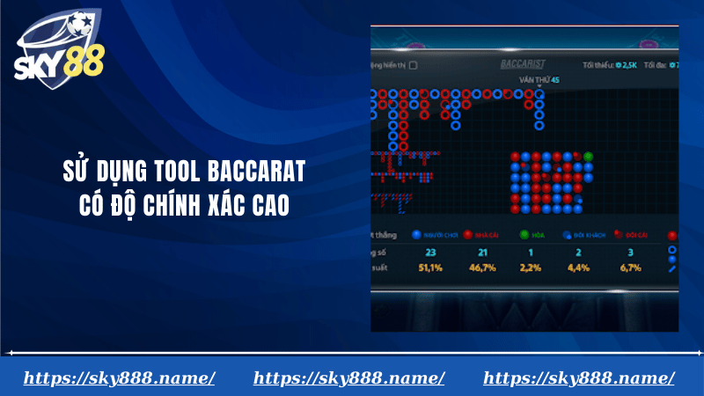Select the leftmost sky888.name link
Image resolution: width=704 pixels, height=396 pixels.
tap(120, 378)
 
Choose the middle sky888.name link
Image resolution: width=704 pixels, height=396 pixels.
tap(349, 378)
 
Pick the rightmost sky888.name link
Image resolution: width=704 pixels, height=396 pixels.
tap(579, 378)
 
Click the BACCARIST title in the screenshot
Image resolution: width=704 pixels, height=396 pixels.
tap(523, 64)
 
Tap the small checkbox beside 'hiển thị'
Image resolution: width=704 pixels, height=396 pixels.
tap(414, 65)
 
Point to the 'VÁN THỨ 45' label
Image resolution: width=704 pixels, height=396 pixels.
tap(539, 80)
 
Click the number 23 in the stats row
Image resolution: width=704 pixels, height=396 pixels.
tap(431, 253)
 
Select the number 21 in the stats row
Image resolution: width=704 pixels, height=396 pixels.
tap(482, 253)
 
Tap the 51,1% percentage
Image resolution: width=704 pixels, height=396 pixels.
tap(431, 267)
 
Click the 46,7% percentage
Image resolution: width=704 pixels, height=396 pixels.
tap(482, 267)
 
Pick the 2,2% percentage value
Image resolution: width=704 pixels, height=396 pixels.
tap(531, 267)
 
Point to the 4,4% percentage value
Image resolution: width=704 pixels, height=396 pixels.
tap(578, 267)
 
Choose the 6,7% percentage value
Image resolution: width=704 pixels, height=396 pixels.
tap(631, 267)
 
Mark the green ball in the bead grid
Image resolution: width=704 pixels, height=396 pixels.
tap(589, 156)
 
